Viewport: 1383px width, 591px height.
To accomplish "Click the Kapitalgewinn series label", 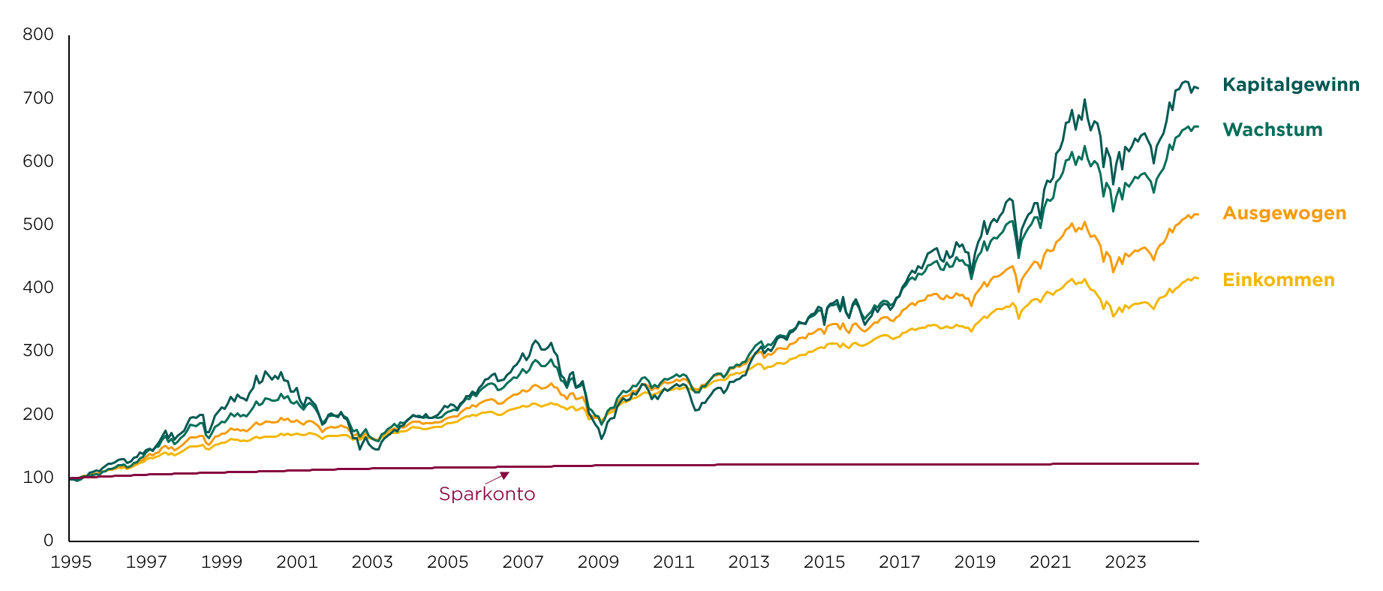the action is point(1291,86).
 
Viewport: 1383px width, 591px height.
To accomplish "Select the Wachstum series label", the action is point(1273,130).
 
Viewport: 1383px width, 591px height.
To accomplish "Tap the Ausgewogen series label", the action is point(1285,214).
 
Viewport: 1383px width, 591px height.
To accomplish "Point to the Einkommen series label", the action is point(1279,280).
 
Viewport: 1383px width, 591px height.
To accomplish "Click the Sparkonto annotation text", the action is point(487,494).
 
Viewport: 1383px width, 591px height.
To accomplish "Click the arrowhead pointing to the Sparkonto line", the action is point(505,475).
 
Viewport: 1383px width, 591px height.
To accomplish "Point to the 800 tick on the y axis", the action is point(38,35).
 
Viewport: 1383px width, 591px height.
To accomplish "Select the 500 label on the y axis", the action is point(38,225).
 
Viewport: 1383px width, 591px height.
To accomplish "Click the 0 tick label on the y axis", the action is point(49,541).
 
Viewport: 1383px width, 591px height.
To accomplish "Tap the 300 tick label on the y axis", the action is point(38,351).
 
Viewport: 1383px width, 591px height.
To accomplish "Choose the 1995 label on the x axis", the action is point(71,562).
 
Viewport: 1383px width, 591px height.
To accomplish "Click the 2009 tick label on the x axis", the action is point(598,562).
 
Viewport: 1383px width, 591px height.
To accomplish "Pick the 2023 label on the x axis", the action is point(1126,562).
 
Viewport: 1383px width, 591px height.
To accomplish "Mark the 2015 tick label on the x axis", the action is point(824,562).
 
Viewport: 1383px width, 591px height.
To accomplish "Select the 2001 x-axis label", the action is point(297,562).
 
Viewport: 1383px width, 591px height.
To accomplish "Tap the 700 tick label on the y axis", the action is point(38,98).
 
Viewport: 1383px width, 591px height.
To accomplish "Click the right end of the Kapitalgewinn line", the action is point(1198,89).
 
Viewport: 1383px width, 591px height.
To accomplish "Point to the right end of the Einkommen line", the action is point(1198,279).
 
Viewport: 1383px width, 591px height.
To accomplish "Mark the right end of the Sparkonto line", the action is point(1198,464).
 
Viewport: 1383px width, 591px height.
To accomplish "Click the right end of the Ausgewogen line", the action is point(1198,215).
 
